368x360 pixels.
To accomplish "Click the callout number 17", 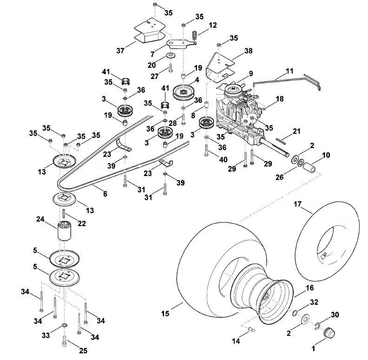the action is pyautogui.click(x=297, y=204).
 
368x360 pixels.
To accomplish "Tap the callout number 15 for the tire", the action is pyautogui.click(x=165, y=314).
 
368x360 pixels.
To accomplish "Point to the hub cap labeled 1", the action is pyautogui.click(x=329, y=333).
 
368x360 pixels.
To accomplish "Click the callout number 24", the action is pyautogui.click(x=40, y=219).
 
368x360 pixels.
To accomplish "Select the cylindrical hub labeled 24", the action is pyautogui.click(x=64, y=231).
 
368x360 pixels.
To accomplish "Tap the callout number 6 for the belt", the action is pyautogui.click(x=105, y=194).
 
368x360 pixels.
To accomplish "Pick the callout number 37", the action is pyautogui.click(x=120, y=51).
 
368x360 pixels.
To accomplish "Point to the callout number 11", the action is pyautogui.click(x=289, y=71).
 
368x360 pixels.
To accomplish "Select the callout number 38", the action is pyautogui.click(x=248, y=51).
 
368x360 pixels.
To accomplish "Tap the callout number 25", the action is pyautogui.click(x=83, y=351).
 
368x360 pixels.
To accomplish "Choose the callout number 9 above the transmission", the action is pyautogui.click(x=251, y=74).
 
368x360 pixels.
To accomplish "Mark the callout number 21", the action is pyautogui.click(x=296, y=131).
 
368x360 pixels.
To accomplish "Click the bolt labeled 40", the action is pyautogui.click(x=206, y=150).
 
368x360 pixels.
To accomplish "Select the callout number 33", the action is pyautogui.click(x=46, y=335).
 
